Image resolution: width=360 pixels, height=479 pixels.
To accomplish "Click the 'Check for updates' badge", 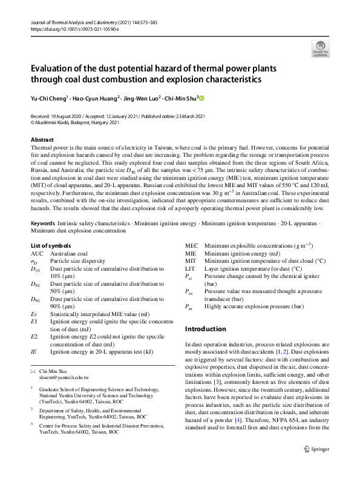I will pyautogui.click(x=320, y=48).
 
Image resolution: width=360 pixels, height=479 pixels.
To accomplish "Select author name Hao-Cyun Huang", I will pyautogui.click(x=97, y=97).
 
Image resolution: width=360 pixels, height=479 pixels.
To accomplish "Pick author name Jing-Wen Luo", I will pyautogui.click(x=145, y=97).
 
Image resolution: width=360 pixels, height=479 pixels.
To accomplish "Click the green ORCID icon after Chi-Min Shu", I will pyautogui.click(x=202, y=97).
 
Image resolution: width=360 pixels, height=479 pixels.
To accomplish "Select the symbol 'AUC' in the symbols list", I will pyautogui.click(x=37, y=253).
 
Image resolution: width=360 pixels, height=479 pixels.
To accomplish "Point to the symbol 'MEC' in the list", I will pyautogui.click(x=191, y=245).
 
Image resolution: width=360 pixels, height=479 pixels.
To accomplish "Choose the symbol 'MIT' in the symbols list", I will pyautogui.click(x=190, y=260).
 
